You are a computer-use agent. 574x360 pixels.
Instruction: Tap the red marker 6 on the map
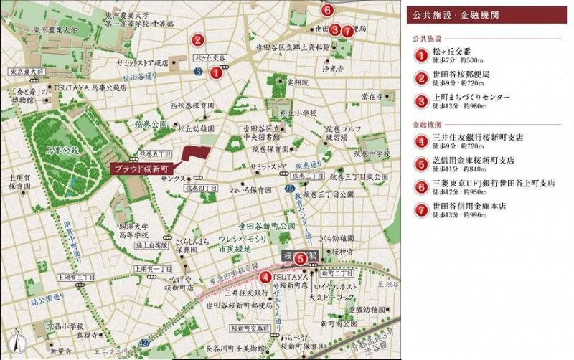327,10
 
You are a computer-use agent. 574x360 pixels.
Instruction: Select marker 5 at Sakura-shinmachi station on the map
301,258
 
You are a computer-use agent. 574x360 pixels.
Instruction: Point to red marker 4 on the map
266,278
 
